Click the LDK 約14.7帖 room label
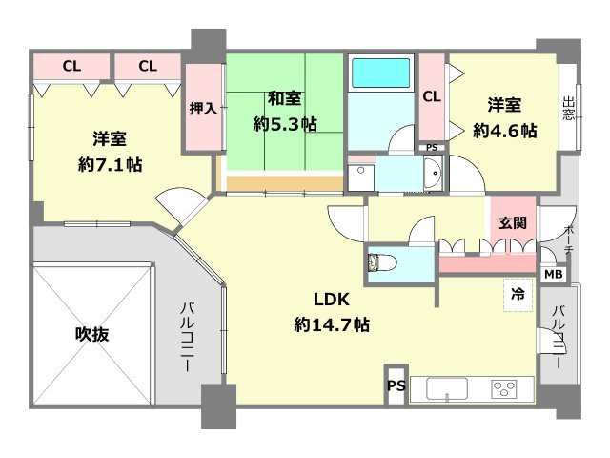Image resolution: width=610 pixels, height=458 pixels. click(332, 311)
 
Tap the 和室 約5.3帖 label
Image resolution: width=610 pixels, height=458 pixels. click(285, 111)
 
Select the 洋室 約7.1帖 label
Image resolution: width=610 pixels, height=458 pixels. click(110, 150)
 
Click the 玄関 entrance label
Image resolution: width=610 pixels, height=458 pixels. click(513, 223)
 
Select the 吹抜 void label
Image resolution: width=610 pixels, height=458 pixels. click(92, 335)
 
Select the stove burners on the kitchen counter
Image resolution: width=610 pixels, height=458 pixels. click(503, 389)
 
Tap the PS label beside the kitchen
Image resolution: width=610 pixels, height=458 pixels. click(396, 387)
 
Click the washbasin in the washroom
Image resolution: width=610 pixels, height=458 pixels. click(430, 176)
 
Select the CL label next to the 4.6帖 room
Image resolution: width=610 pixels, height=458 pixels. click(431, 96)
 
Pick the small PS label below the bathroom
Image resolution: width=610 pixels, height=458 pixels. click(431, 148)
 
